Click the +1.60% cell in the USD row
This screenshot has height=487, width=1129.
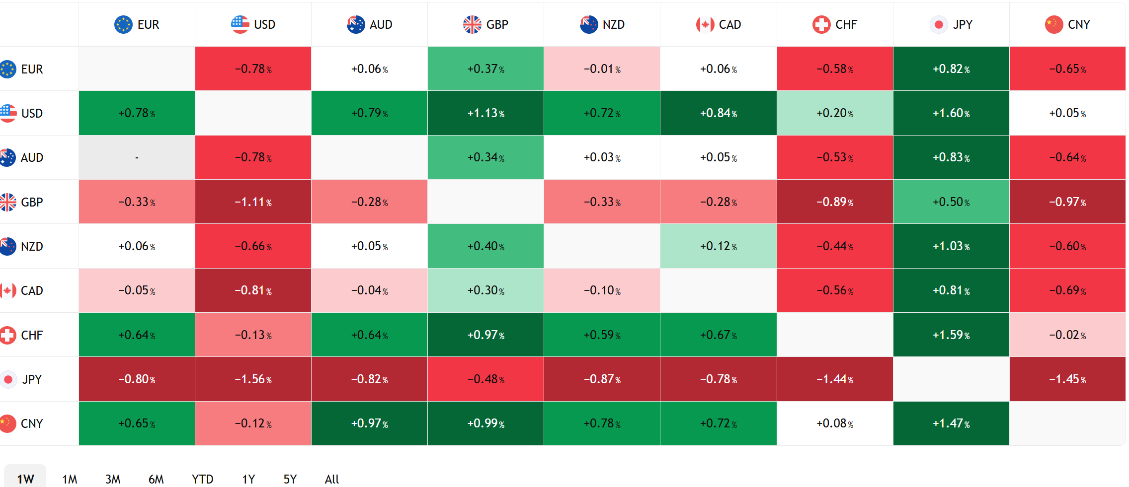point(951,113)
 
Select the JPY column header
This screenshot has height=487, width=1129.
point(951,24)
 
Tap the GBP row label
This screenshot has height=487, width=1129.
point(32,202)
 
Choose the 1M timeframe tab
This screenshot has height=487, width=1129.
point(70,479)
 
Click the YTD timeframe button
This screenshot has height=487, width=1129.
point(203,479)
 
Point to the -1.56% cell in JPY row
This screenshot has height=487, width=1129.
point(253,379)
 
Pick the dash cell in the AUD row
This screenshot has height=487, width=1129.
point(137,157)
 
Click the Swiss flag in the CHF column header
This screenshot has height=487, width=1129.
point(821,24)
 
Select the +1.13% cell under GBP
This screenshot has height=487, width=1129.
point(486,113)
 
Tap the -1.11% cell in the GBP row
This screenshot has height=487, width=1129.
point(253,202)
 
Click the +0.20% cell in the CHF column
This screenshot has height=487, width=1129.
point(835,113)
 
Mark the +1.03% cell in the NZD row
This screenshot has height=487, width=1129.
point(951,246)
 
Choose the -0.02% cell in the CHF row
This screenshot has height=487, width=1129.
point(1067,335)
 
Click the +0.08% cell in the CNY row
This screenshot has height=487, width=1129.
point(835,423)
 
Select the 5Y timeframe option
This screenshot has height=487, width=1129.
point(290,479)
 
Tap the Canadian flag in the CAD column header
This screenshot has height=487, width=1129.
point(705,24)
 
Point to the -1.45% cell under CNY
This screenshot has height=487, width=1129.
point(1067,379)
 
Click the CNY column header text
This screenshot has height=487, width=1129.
point(1079,24)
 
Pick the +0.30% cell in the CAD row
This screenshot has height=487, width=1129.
point(486,290)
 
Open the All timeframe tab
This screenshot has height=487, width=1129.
point(332,479)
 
